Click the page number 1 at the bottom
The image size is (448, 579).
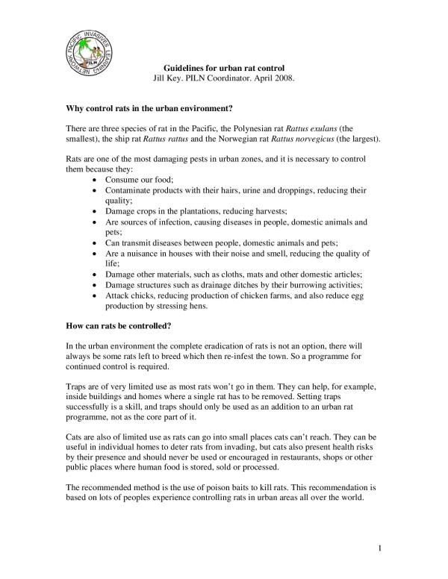click(x=379, y=551)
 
